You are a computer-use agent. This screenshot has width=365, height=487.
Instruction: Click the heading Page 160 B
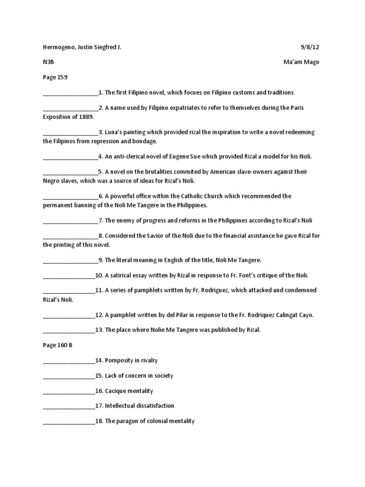58,345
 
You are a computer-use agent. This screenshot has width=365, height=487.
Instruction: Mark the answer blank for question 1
70,93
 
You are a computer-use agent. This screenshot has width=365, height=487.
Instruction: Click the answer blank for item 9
70,261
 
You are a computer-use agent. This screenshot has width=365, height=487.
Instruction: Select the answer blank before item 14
68,361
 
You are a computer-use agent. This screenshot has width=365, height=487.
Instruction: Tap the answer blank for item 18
68,422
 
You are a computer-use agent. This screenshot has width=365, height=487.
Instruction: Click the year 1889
86,117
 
